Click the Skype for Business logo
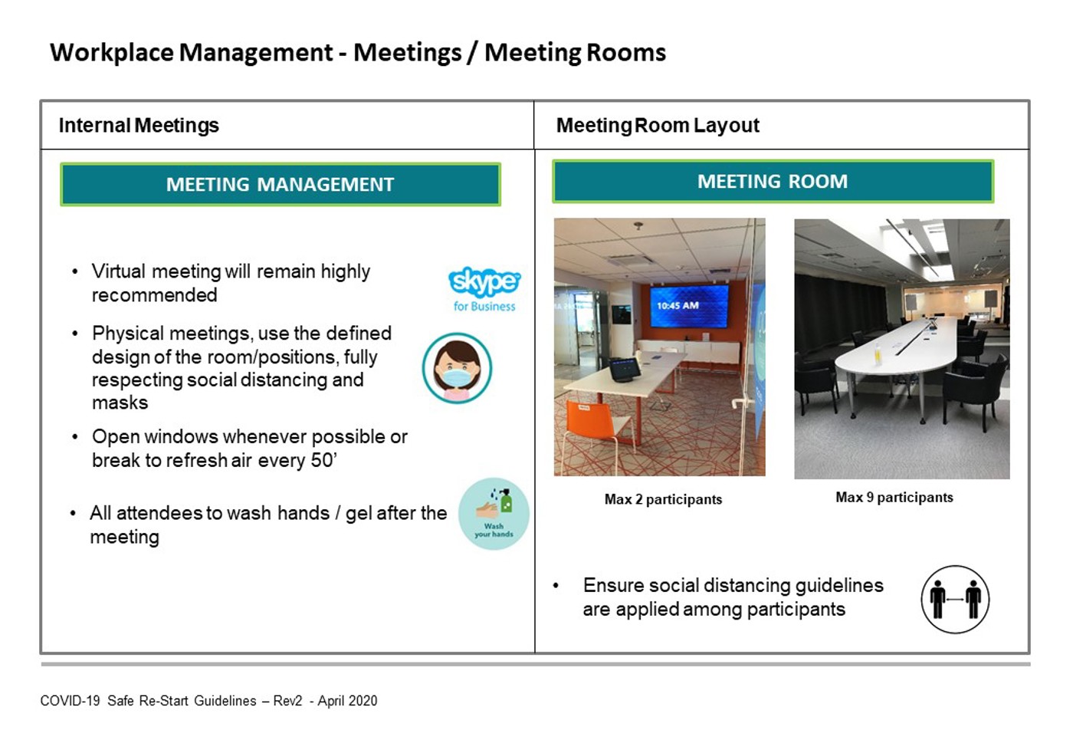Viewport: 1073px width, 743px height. (484, 290)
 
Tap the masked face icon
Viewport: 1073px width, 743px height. (457, 367)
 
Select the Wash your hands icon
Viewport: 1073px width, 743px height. (494, 514)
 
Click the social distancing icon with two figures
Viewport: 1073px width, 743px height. (955, 599)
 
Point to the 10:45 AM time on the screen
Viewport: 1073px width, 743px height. (678, 305)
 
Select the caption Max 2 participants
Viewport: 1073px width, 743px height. (663, 499)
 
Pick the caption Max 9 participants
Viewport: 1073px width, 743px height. (894, 498)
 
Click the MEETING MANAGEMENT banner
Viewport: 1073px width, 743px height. (281, 185)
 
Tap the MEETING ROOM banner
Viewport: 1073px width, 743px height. (773, 182)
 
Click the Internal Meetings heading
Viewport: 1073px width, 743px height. (139, 126)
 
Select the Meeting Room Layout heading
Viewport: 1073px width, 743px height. (658, 126)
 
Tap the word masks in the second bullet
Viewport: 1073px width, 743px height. (120, 403)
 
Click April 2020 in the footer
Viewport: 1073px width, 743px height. (347, 701)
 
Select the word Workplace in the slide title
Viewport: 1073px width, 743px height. (112, 53)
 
